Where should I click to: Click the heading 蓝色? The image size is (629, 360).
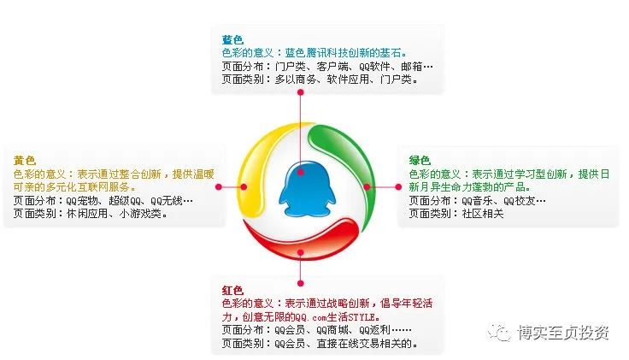(x=232, y=39)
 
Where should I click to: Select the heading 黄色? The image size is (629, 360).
(x=25, y=161)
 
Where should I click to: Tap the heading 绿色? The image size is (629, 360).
(x=420, y=161)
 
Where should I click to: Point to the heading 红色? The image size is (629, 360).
(x=232, y=290)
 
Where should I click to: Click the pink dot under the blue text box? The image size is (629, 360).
(x=301, y=92)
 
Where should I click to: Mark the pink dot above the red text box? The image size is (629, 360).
(x=301, y=283)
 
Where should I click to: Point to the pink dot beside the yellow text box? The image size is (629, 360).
(x=219, y=187)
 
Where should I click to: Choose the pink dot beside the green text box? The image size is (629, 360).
(x=398, y=187)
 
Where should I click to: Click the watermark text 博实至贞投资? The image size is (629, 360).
(x=563, y=333)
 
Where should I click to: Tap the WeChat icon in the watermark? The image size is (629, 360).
(x=498, y=333)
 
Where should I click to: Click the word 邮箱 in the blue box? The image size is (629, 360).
(x=412, y=66)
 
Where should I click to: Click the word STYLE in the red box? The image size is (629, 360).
(x=362, y=317)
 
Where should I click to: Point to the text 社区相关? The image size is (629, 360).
(x=483, y=214)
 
